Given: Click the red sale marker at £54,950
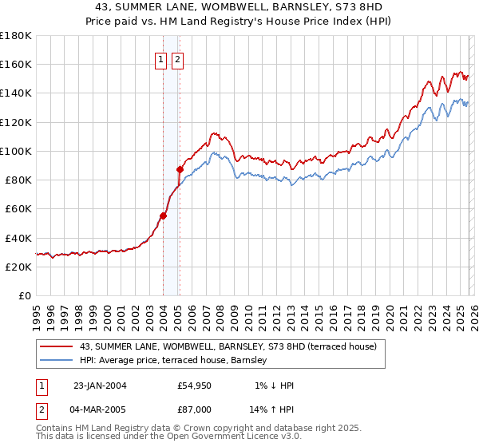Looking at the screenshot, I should click(163, 216).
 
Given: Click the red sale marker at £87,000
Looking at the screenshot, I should click(180, 169).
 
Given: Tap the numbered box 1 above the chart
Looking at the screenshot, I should click(160, 58).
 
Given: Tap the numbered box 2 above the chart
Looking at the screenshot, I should click(176, 58).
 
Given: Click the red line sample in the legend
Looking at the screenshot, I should click(57, 346).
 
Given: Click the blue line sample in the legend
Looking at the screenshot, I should click(57, 361).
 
